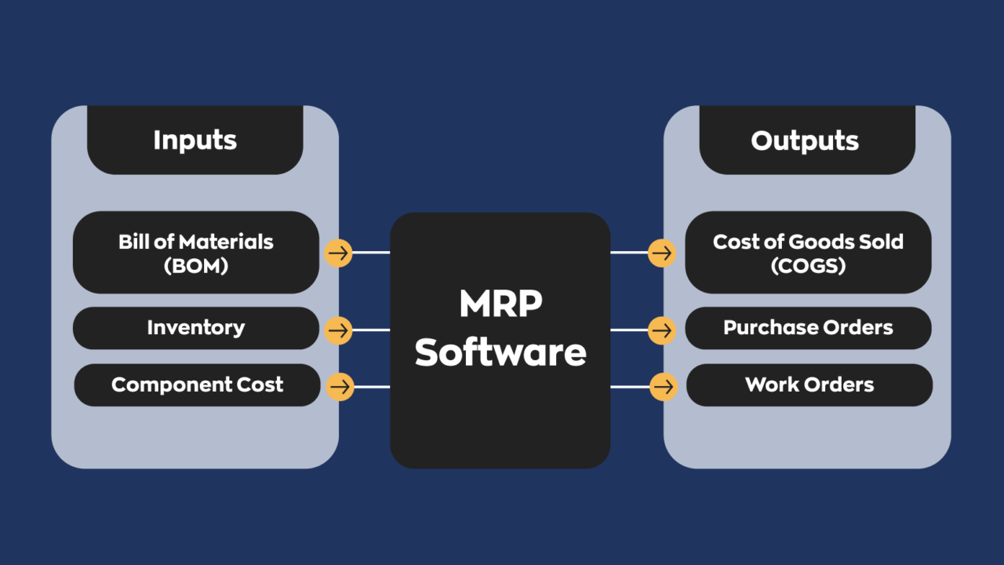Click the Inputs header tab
[195, 140]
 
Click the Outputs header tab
[806, 140]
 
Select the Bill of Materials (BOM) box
[195, 253]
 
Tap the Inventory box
[195, 328]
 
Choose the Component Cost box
[197, 385]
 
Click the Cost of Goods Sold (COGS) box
[808, 253]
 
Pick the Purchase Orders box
[808, 328]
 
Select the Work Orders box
[809, 385]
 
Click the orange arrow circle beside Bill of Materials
[338, 253]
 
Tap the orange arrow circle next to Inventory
[338, 330]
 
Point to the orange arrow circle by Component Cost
[340, 387]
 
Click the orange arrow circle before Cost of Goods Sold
[662, 253]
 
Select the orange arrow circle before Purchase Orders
[662, 330]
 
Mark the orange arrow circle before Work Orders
[664, 387]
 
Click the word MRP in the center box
[500, 304]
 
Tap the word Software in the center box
[500, 352]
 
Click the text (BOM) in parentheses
[195, 266]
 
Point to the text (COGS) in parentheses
[808, 266]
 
